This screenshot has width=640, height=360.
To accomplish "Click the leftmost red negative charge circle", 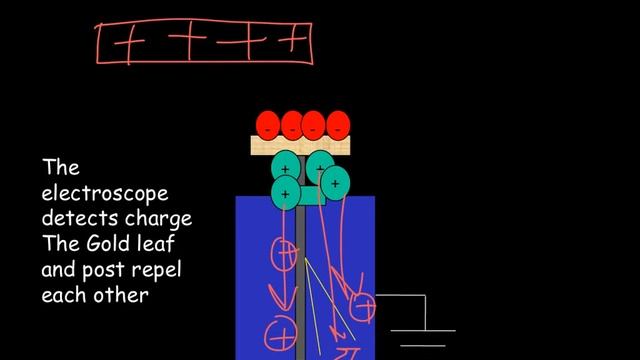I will [x=267, y=126].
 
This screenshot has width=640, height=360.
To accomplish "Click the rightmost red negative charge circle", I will [x=339, y=126].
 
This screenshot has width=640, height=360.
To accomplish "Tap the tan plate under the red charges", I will [x=301, y=146].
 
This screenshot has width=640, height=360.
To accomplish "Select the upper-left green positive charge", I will [x=286, y=165].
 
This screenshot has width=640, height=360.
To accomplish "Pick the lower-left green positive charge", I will [x=286, y=191].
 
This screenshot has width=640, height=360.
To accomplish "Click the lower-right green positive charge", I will [x=335, y=183].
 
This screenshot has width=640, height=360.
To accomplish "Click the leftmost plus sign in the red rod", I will [x=127, y=44].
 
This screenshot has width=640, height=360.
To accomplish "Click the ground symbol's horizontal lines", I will [x=421, y=336].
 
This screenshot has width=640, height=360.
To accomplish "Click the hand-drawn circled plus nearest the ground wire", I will [x=363, y=306].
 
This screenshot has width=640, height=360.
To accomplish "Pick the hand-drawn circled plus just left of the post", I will [x=286, y=255].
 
